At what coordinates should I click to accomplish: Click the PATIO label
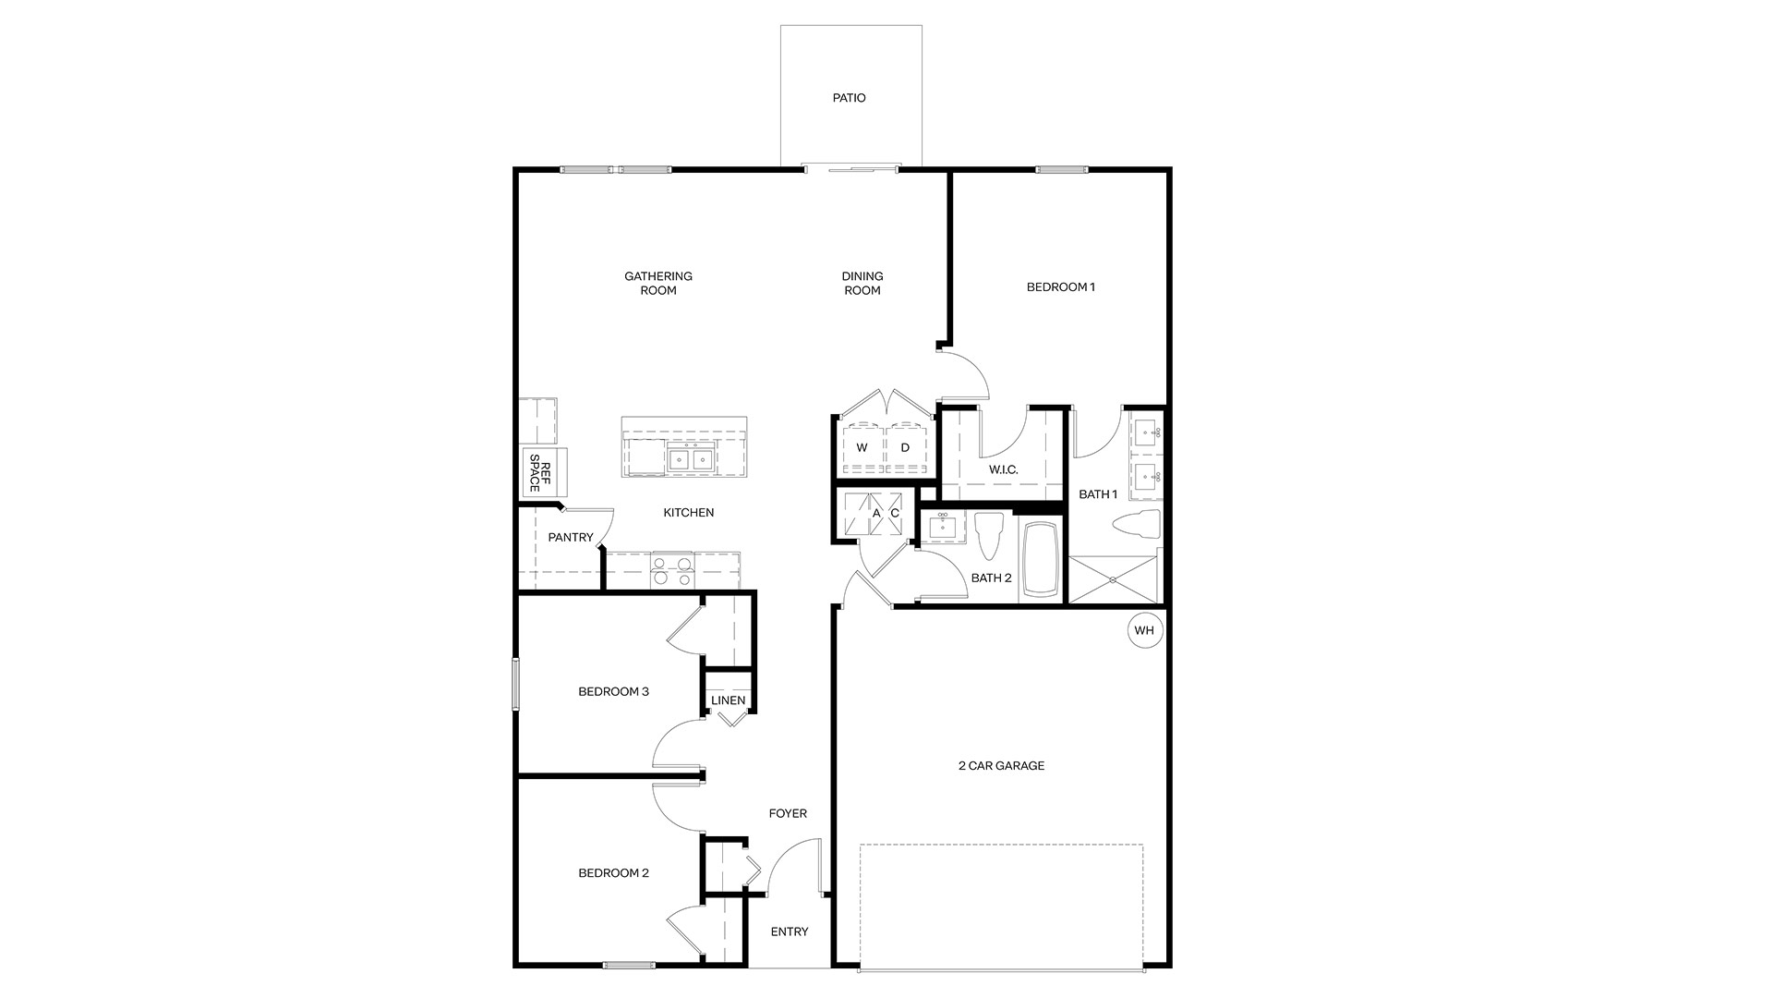click(849, 98)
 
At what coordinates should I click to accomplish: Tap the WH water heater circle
click(1144, 631)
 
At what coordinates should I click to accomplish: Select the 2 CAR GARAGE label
click(1001, 766)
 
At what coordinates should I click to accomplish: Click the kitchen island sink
click(691, 458)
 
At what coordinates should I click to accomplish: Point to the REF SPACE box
click(543, 473)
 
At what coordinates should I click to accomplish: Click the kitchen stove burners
click(671, 571)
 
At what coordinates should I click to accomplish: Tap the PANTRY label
click(570, 538)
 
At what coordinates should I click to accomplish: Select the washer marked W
click(862, 448)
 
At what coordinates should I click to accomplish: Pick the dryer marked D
click(905, 448)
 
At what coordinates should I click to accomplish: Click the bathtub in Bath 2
click(1043, 559)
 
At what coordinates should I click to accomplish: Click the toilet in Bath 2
click(988, 535)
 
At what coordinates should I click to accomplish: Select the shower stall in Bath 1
click(1113, 579)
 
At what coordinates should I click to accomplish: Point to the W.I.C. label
click(1003, 470)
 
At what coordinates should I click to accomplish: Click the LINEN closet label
click(728, 701)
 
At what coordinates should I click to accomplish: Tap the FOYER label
click(788, 814)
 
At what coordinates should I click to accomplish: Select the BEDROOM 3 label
click(613, 692)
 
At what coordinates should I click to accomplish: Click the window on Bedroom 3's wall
click(516, 684)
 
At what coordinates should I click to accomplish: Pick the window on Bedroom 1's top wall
click(1061, 170)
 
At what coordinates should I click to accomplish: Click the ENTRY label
click(789, 932)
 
